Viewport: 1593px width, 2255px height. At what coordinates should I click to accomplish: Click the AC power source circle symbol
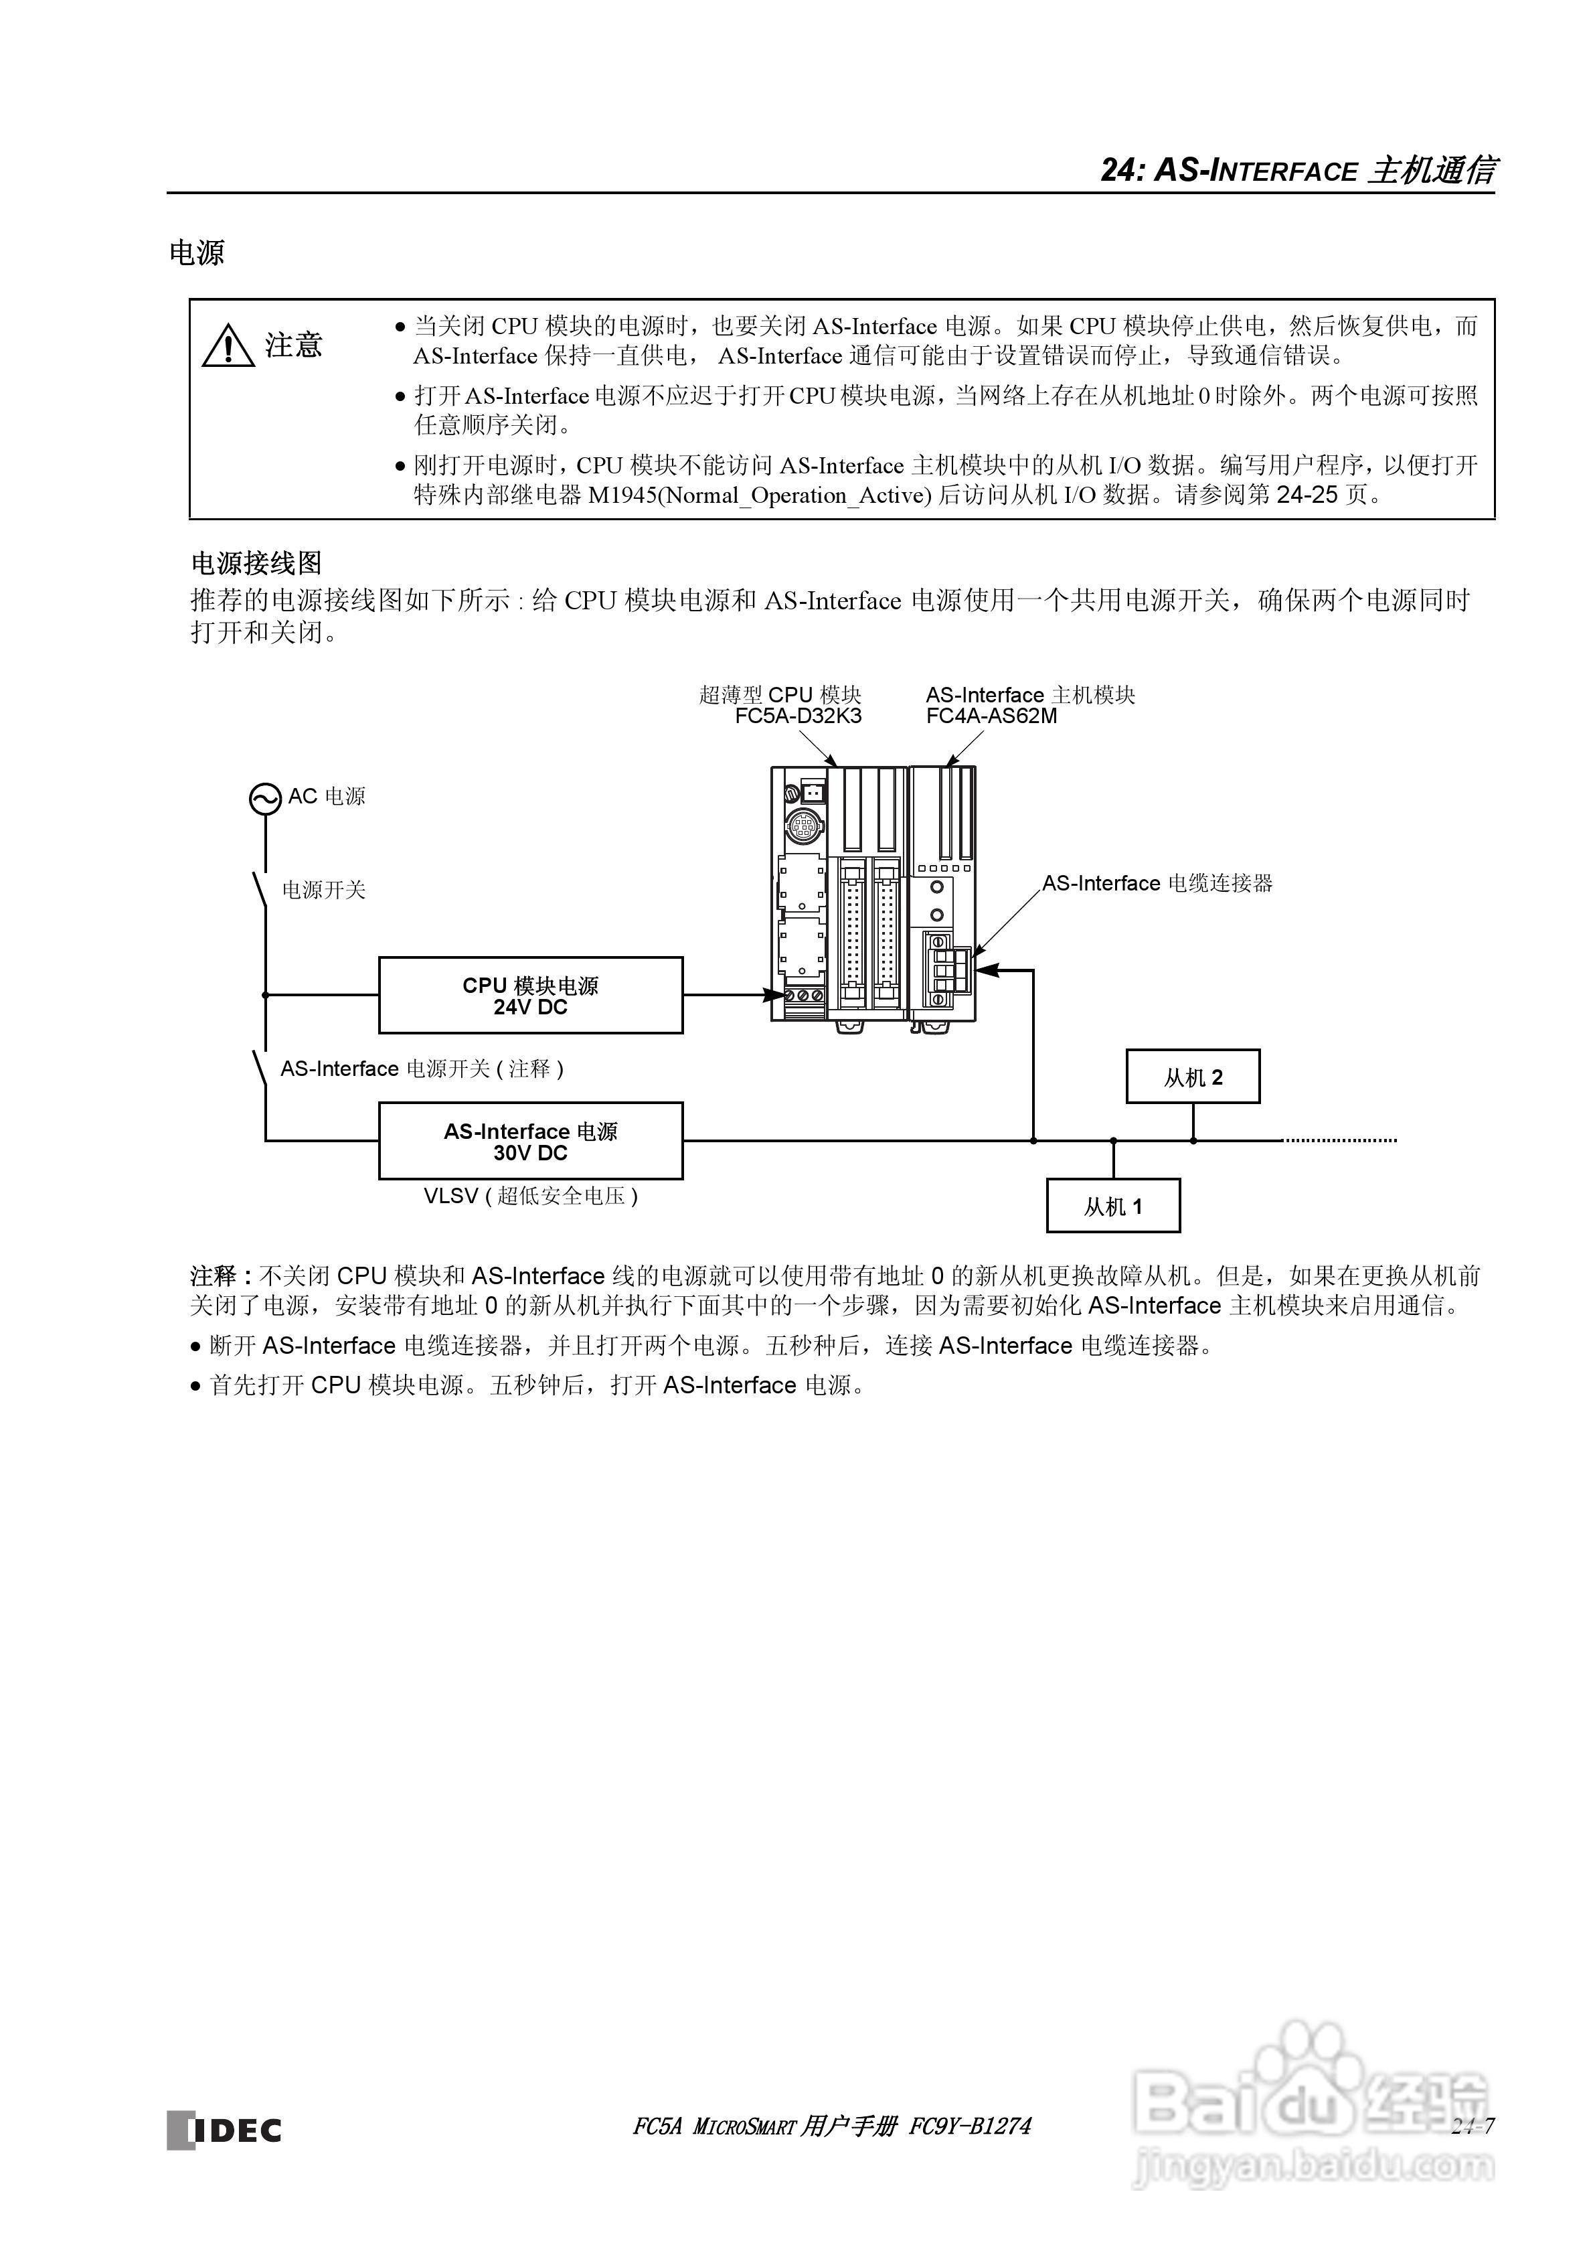click(x=265, y=799)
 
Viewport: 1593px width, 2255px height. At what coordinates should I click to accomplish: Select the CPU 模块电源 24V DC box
click(x=530, y=995)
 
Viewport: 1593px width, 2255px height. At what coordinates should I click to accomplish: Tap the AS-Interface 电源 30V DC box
click(x=530, y=1140)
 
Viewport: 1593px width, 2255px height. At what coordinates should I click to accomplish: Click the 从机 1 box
click(x=1112, y=1206)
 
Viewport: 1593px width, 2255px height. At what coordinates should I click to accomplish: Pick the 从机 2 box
click(x=1192, y=1077)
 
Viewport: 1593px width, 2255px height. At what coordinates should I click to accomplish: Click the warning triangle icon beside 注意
click(x=228, y=345)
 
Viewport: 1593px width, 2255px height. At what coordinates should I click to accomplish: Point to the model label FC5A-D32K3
click(x=797, y=716)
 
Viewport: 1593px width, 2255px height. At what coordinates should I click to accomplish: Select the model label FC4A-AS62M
click(x=991, y=716)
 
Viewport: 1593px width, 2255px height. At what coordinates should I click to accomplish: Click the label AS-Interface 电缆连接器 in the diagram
click(x=1157, y=883)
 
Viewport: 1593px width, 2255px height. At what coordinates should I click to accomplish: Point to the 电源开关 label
click(x=324, y=890)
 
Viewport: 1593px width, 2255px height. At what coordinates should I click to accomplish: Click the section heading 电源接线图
click(x=256, y=563)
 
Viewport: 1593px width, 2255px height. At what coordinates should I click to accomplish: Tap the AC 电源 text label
click(x=326, y=797)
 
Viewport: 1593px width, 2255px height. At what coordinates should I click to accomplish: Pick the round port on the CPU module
click(x=803, y=828)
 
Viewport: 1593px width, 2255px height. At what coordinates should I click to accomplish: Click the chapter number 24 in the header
click(x=1118, y=171)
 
